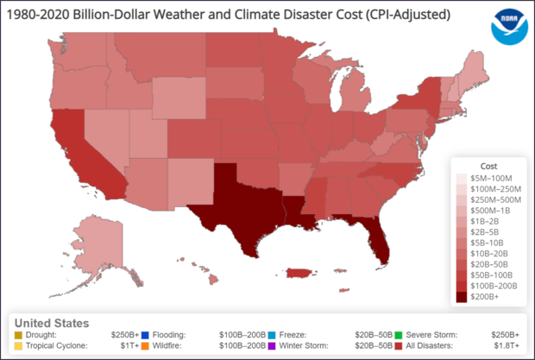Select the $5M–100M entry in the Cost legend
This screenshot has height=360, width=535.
[x=462, y=177]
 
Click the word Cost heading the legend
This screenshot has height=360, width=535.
[x=488, y=165]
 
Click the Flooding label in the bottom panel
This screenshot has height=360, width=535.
[x=170, y=333]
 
